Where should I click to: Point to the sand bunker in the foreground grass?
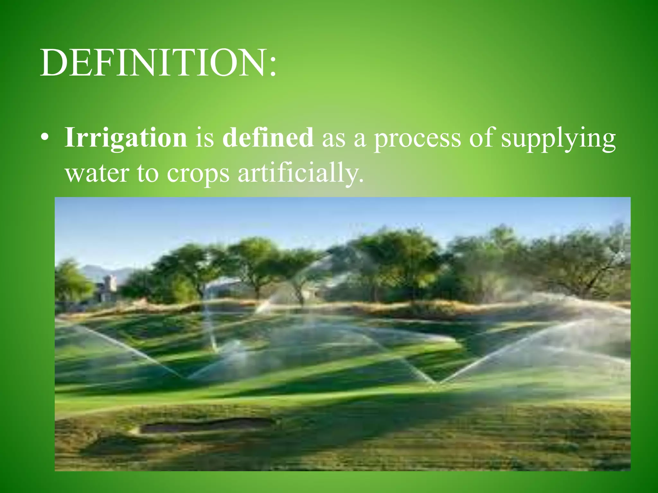206,426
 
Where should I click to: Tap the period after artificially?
362,181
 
